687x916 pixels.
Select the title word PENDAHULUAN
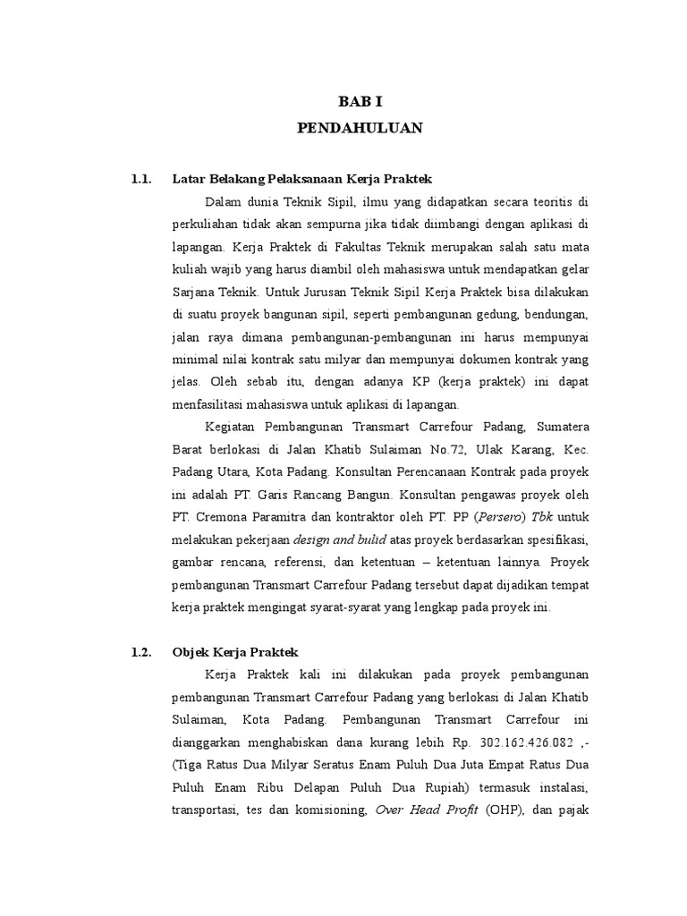359,129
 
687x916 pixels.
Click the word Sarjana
192,292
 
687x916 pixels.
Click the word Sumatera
560,424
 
